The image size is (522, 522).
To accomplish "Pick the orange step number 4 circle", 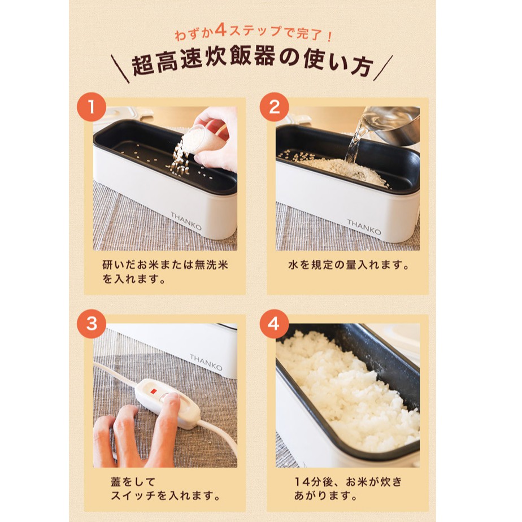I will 275,324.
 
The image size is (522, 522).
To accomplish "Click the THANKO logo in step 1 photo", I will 187,218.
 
